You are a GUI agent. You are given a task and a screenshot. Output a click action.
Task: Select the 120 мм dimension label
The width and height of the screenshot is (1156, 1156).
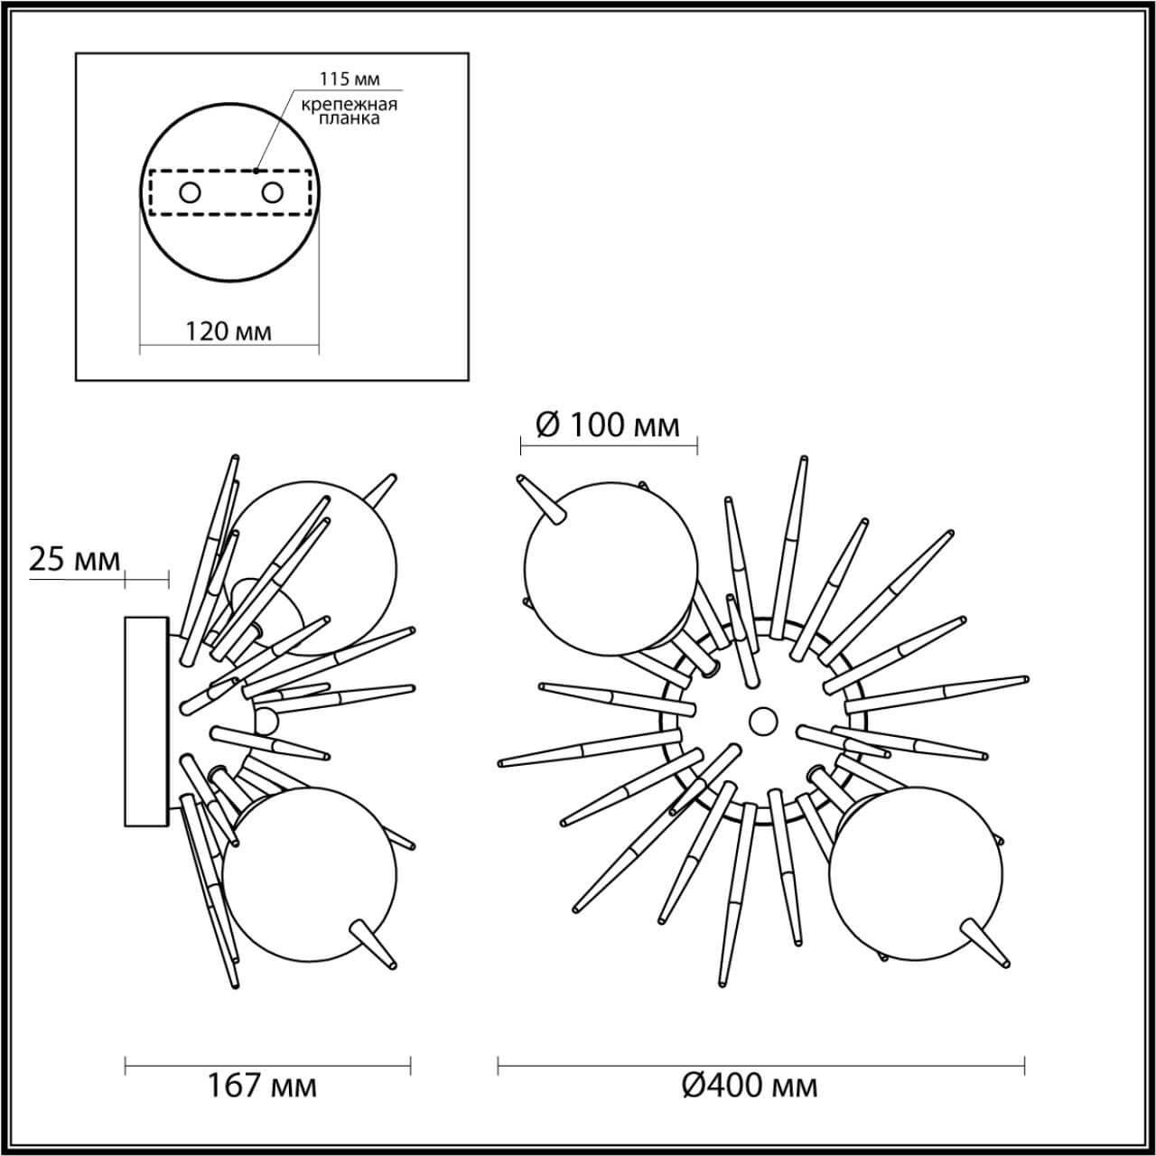click(x=228, y=331)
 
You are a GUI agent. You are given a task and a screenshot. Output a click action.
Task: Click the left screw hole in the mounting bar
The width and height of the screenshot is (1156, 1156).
click(x=190, y=192)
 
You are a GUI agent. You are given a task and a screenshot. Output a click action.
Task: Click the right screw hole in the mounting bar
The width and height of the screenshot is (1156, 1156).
click(x=272, y=192)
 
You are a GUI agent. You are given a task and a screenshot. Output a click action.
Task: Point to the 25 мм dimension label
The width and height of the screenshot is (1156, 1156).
click(x=75, y=560)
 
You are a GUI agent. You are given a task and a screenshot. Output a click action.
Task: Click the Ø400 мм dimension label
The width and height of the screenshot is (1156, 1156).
click(x=750, y=1086)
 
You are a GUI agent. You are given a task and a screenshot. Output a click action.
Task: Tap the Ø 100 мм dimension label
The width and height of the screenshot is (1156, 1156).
click(x=608, y=424)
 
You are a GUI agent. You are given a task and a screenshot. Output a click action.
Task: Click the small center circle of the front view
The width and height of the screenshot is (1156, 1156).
click(x=763, y=721)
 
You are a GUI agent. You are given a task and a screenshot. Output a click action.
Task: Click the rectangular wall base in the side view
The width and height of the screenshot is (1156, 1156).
click(x=146, y=721)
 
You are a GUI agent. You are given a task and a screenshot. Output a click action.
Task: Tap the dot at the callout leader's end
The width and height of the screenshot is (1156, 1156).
click(x=256, y=170)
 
